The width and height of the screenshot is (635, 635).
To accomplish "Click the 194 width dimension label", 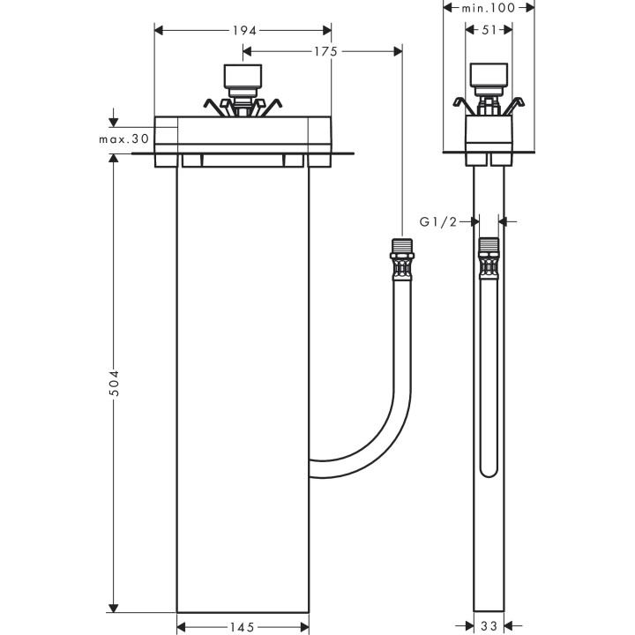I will (244, 30).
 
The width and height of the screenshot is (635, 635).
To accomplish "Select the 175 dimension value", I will (325, 51).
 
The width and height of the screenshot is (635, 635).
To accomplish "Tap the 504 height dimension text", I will (114, 382).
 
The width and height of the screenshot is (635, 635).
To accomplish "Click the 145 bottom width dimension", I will (243, 627).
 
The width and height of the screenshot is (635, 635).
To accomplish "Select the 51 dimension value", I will (489, 30).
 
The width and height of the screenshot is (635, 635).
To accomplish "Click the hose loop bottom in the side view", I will (489, 472).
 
